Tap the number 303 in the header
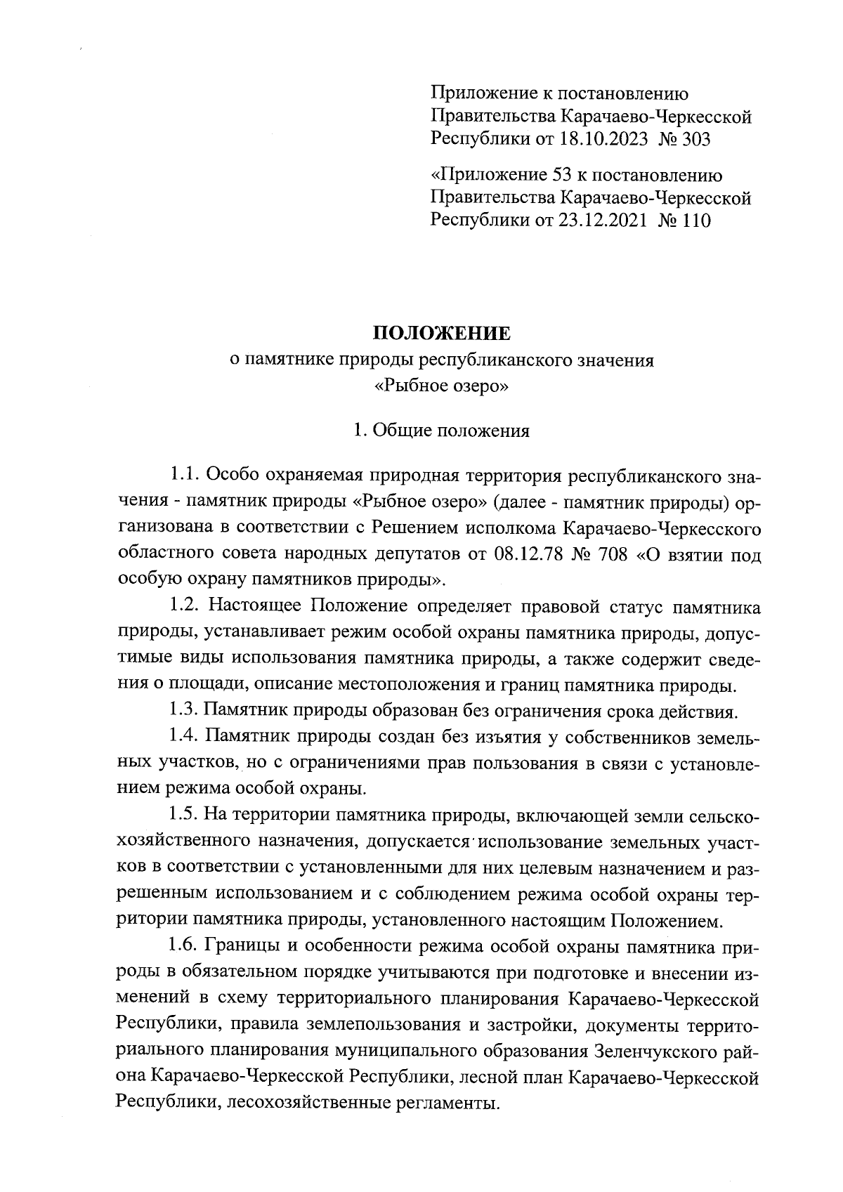pyautogui.click(x=695, y=139)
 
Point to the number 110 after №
pyautogui.click(x=695, y=221)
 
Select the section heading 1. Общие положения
pyautogui.click(x=440, y=430)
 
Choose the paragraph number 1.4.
pyautogui.click(x=183, y=738)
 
